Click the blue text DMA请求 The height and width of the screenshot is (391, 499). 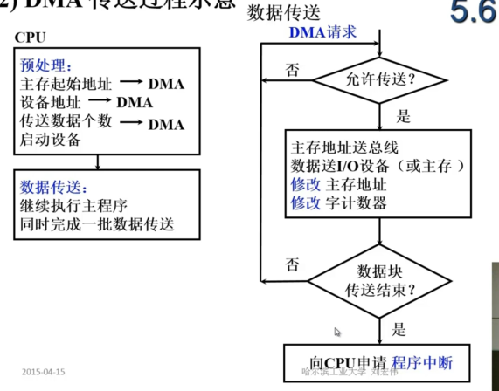[322, 33]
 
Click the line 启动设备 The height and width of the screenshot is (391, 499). [50, 141]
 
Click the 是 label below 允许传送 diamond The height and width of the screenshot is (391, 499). [404, 116]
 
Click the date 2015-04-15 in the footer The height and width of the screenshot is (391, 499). [44, 370]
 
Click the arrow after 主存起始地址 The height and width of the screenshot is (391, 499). [130, 85]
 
